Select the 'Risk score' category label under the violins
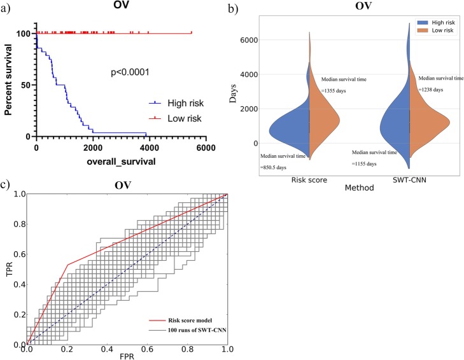tap(309, 181)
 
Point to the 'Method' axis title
tap(358, 189)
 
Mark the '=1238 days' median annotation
tap(440, 90)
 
